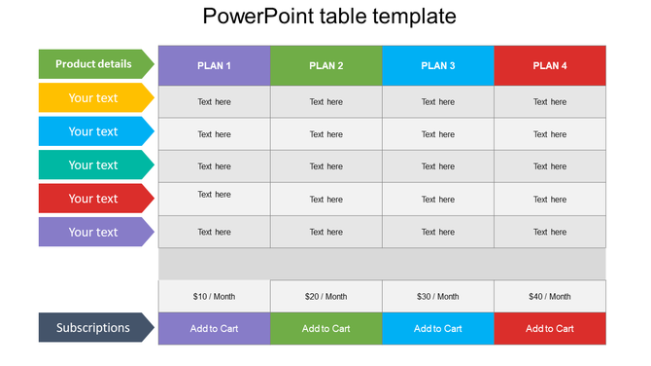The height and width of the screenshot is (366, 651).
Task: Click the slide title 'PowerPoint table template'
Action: click(x=329, y=17)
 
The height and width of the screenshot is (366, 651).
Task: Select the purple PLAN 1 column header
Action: click(x=214, y=65)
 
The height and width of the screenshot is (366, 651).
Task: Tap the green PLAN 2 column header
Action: click(x=326, y=65)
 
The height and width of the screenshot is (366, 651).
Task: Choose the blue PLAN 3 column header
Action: click(x=438, y=65)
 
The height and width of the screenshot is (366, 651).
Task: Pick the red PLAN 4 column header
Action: click(x=550, y=65)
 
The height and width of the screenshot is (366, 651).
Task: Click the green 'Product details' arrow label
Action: click(x=94, y=64)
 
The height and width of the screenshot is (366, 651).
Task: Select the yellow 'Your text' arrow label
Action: click(x=94, y=97)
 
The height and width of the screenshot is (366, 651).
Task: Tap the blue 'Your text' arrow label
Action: click(x=94, y=131)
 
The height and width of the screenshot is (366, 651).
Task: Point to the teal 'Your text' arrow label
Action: click(x=94, y=165)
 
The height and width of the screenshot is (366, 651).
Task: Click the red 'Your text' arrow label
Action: click(x=94, y=199)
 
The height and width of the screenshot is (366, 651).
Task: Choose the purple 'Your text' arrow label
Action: click(x=94, y=232)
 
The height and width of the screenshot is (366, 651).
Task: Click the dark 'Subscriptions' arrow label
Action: click(x=94, y=328)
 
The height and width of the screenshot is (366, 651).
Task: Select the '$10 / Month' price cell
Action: click(x=214, y=296)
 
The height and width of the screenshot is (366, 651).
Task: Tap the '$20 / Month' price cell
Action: click(x=326, y=296)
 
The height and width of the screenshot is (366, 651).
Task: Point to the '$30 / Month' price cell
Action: click(x=438, y=296)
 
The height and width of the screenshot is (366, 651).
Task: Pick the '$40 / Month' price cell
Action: click(x=550, y=296)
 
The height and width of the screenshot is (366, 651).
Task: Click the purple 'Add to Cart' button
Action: click(x=214, y=328)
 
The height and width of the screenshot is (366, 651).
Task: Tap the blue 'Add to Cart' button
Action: click(x=438, y=328)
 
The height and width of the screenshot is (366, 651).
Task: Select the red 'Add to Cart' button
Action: click(x=550, y=328)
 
